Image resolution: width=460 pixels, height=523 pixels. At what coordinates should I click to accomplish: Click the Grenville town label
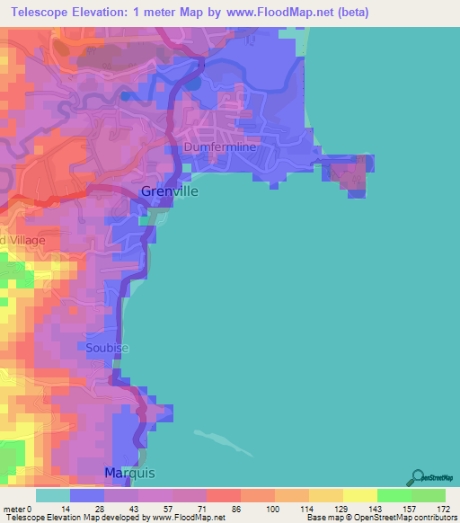170,191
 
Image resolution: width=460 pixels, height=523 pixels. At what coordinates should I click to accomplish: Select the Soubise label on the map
108,348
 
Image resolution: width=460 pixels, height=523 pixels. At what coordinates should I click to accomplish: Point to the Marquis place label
130,473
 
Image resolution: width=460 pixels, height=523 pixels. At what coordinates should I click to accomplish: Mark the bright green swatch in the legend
394,495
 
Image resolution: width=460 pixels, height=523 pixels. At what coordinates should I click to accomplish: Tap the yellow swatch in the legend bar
360,495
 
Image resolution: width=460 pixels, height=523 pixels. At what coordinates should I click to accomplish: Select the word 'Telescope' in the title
42,13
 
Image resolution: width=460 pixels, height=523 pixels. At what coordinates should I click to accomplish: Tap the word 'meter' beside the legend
15,508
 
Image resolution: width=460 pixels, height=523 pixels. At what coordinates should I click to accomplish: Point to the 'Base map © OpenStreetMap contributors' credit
381,518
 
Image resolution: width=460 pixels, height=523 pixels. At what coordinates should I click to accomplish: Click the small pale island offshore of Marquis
221,438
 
